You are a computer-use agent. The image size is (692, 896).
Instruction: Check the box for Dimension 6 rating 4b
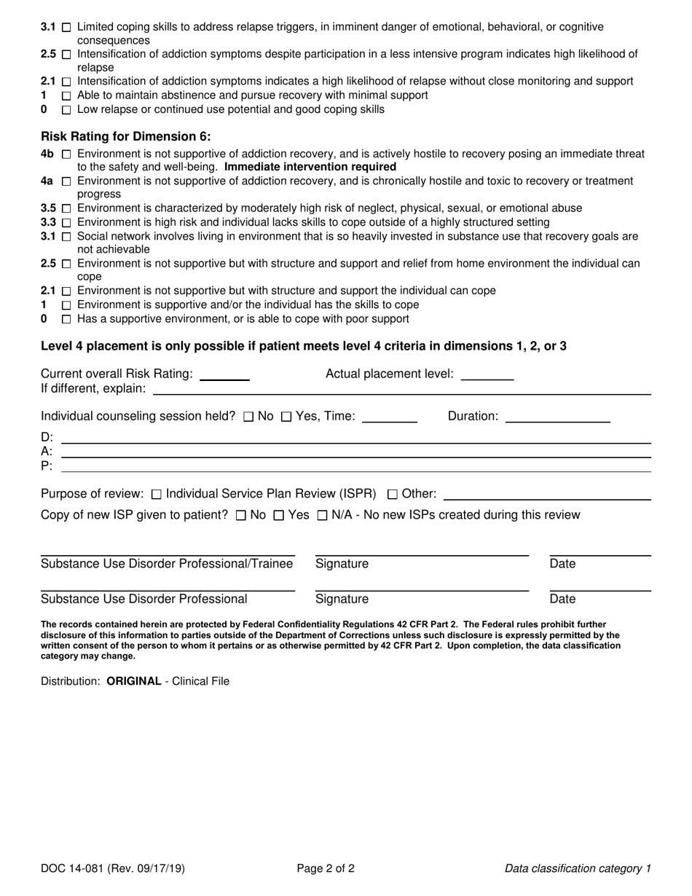66,154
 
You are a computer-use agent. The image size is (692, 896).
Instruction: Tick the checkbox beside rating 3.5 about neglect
66,208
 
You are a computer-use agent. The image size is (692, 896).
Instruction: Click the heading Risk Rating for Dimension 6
126,136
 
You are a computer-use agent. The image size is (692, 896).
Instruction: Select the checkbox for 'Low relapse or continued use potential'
66,110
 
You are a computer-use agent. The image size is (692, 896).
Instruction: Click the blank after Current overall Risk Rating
224,375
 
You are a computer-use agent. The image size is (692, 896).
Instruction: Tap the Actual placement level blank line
487,375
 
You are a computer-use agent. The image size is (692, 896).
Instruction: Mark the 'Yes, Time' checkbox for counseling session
286,417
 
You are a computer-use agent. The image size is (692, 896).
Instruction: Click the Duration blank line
557,417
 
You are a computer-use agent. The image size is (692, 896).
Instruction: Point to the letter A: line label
47,451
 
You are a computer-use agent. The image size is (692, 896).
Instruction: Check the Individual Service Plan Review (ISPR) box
157,495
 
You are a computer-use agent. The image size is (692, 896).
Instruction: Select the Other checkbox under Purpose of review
393,495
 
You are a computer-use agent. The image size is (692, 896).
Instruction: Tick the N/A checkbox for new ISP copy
322,516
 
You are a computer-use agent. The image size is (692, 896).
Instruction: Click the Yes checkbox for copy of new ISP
278,516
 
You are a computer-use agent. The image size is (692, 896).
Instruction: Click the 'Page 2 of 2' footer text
326,868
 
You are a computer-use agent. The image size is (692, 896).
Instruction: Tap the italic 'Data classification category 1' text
578,868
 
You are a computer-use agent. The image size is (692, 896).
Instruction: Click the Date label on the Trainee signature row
562,564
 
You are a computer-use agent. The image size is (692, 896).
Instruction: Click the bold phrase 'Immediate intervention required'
310,167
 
